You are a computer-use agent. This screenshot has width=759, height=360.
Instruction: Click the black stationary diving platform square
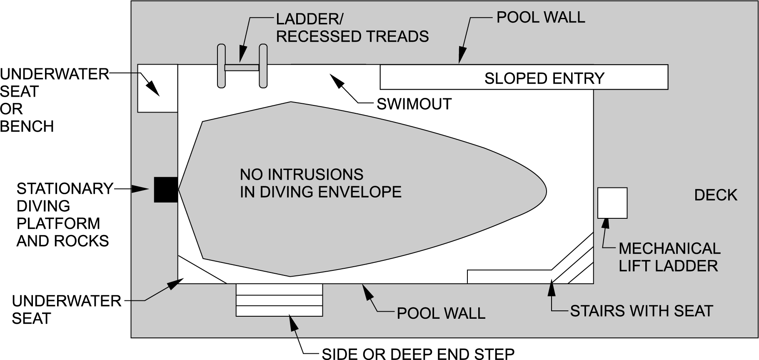[166, 190]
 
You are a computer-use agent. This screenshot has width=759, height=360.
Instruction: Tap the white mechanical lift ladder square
[612, 203]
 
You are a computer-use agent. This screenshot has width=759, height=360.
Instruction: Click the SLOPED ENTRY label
[544, 78]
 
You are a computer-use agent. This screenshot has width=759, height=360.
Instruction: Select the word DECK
[715, 195]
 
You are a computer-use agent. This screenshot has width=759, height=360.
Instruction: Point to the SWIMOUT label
[414, 104]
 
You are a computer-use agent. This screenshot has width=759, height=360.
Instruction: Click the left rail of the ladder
[221, 66]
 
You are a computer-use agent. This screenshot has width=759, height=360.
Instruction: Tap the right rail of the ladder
[263, 66]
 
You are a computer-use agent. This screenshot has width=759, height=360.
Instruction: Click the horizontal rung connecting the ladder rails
[242, 67]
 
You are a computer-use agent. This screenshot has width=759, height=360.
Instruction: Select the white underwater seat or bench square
[157, 88]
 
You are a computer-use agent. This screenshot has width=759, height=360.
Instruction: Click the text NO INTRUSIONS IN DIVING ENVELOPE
[320, 183]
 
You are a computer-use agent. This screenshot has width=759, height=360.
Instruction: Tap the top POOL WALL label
[540, 17]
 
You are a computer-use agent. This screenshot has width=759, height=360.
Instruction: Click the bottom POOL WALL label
[441, 313]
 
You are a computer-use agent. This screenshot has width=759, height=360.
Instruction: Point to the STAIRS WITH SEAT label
[641, 311]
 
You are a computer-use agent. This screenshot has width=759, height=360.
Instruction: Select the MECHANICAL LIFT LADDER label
[669, 257]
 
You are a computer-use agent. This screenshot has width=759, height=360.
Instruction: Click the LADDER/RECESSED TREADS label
[352, 27]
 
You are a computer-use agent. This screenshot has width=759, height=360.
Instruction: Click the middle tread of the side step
[279, 300]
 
